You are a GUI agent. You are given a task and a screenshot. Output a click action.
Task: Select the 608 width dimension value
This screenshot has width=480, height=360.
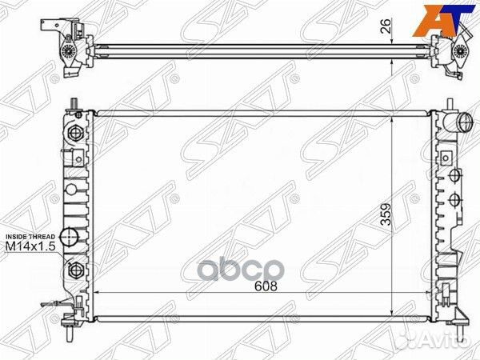266,286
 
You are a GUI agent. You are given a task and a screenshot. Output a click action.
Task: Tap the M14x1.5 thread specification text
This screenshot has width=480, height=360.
30,249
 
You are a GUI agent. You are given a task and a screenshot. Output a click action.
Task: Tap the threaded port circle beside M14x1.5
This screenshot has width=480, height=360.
69,237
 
